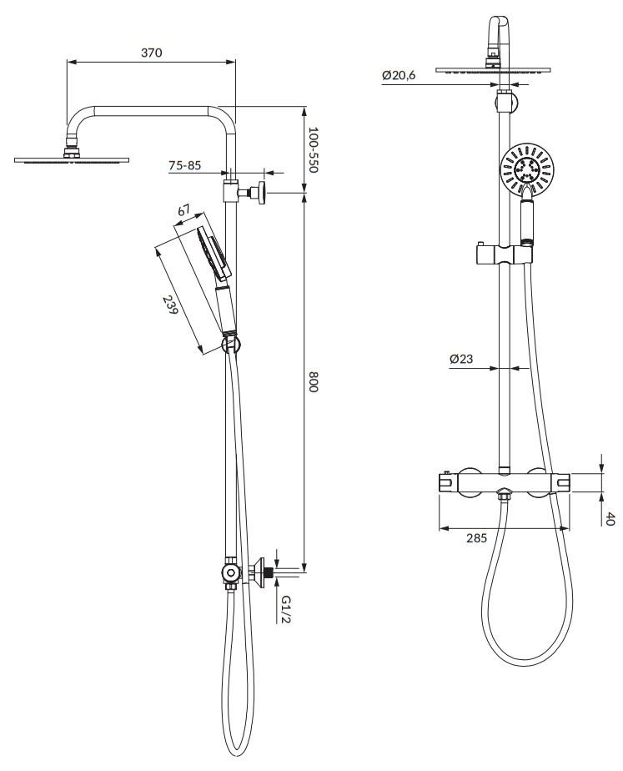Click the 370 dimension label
tap(151, 52)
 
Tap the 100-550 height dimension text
tap(314, 149)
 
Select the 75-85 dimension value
tap(185, 165)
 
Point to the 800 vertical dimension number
tap(314, 381)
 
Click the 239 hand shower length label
tap(169, 305)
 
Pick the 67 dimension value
tap(183, 211)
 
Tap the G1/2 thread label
tap(285, 609)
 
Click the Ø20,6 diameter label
tap(399, 75)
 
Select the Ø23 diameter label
tap(461, 359)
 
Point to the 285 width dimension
tap(476, 538)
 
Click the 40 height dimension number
tap(610, 519)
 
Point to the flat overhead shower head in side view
tap(72, 160)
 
